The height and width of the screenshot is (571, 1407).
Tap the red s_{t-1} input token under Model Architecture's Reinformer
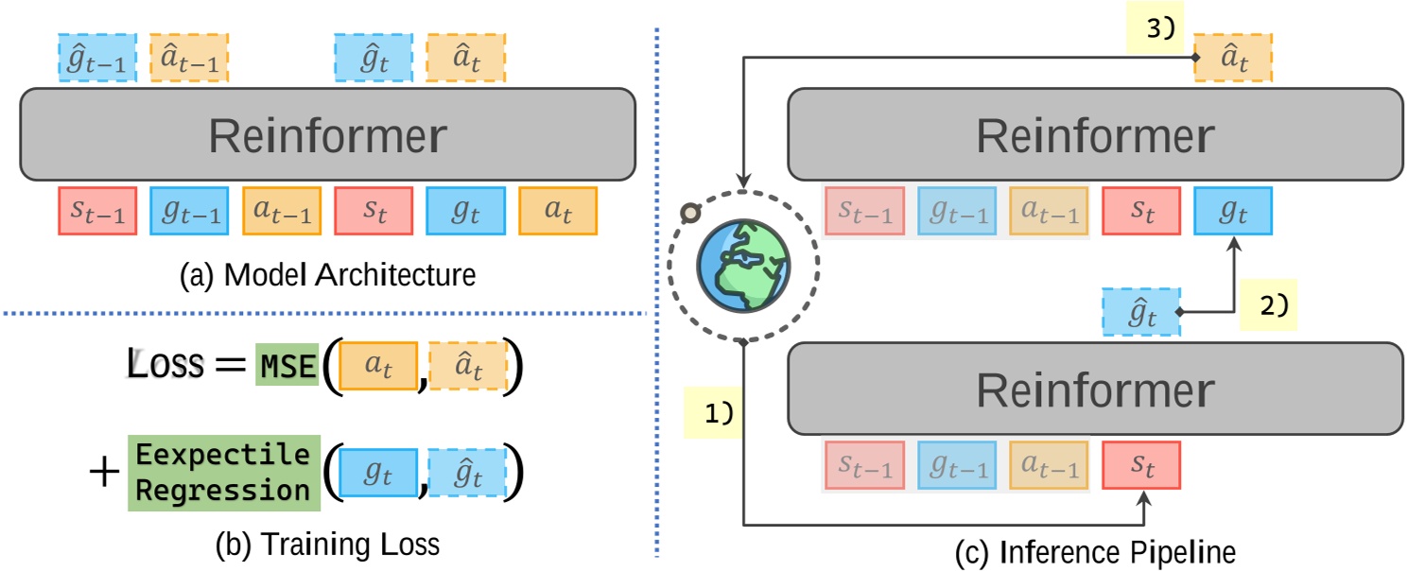pyautogui.click(x=96, y=211)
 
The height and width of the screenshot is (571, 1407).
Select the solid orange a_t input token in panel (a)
pyautogui.click(x=558, y=211)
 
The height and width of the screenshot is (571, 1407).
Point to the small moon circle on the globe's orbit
pyautogui.click(x=690, y=213)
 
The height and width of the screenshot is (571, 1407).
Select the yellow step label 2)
pyautogui.click(x=1268, y=304)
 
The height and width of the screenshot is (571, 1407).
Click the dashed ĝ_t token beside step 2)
pyautogui.click(x=1141, y=313)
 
